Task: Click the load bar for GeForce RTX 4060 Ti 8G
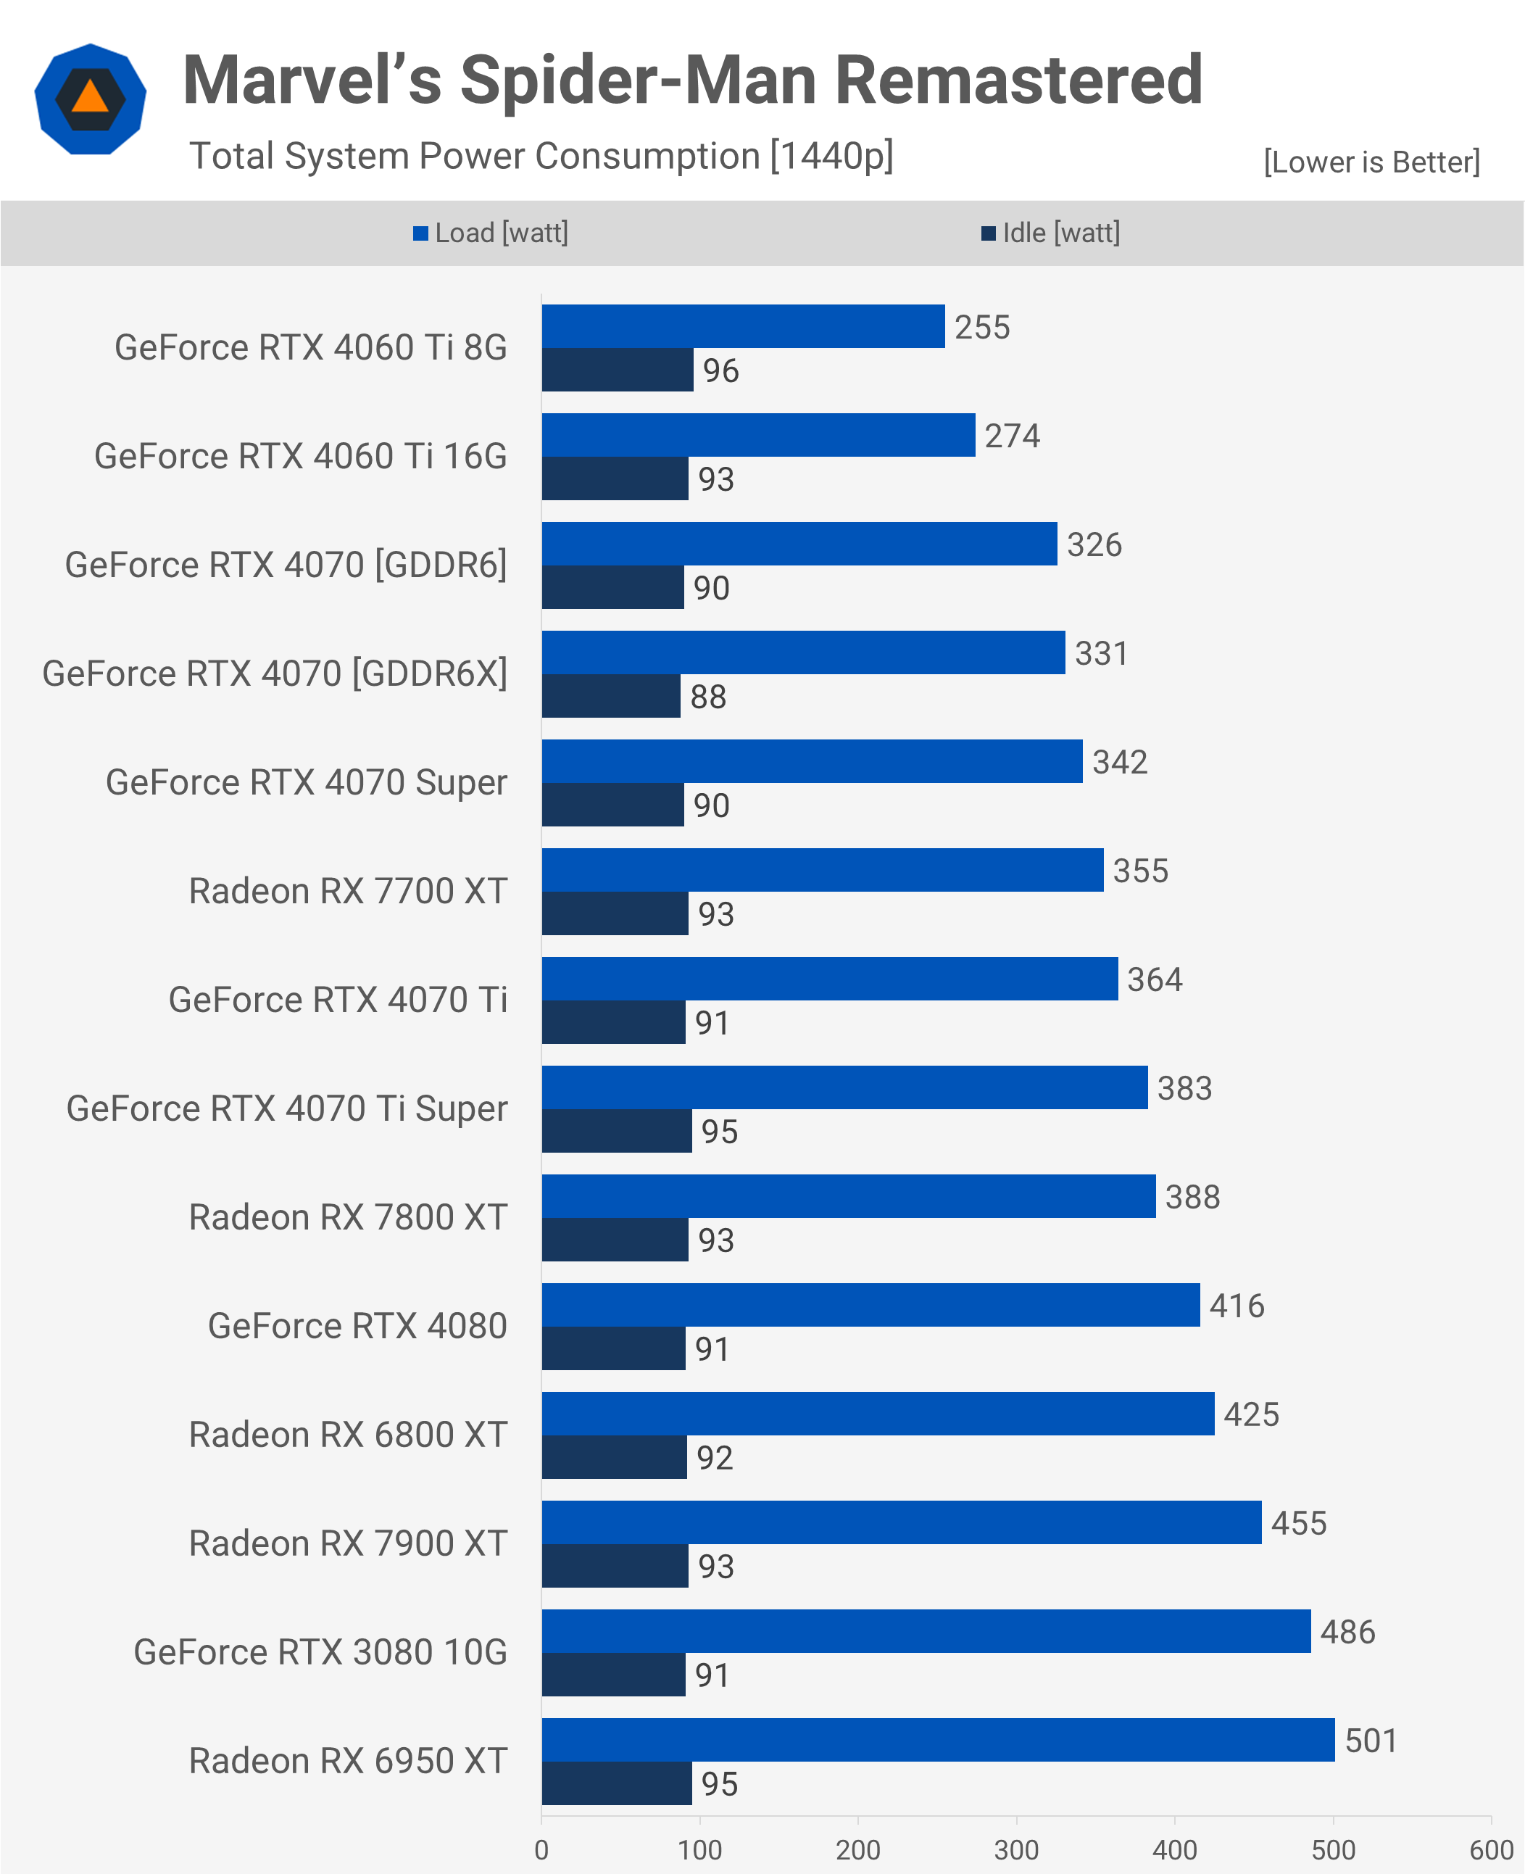(743, 326)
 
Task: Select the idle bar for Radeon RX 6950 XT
(617, 1783)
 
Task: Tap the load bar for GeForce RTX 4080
(870, 1305)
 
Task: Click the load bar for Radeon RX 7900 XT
(901, 1522)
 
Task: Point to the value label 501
(1371, 1741)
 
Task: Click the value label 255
(982, 327)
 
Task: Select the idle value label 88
(708, 697)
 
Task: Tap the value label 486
(1347, 1632)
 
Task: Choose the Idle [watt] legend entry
(1051, 233)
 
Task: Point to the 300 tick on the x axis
(1016, 1849)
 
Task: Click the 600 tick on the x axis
(1491, 1849)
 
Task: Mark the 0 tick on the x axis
(542, 1849)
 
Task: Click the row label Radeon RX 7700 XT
(348, 891)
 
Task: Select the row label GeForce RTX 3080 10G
(320, 1651)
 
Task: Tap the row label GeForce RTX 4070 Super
(306, 782)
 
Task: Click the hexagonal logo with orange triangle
(91, 99)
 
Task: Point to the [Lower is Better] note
(1371, 162)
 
